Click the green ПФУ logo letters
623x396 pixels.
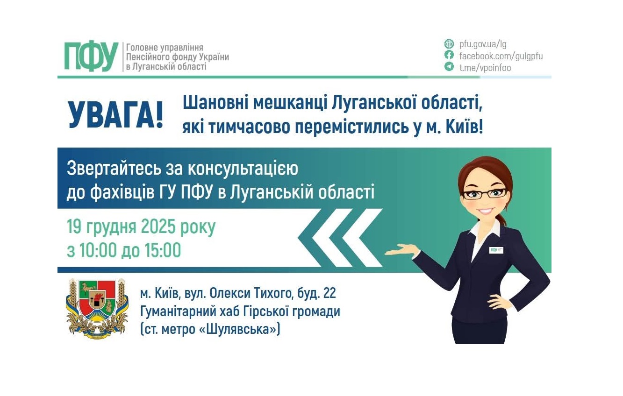[x=91, y=56]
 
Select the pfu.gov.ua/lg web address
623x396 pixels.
[x=483, y=44]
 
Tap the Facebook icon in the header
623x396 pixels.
[x=449, y=56]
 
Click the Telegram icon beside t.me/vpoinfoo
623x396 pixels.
[x=449, y=67]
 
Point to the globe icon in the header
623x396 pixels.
[x=449, y=44]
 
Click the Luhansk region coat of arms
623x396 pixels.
[x=97, y=308]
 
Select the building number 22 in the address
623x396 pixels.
[x=329, y=294]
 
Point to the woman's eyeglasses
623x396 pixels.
[x=485, y=193]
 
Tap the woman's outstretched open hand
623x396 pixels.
[x=401, y=250]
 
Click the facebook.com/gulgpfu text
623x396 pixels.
[x=501, y=56]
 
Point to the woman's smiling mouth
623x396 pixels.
[x=487, y=211]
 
